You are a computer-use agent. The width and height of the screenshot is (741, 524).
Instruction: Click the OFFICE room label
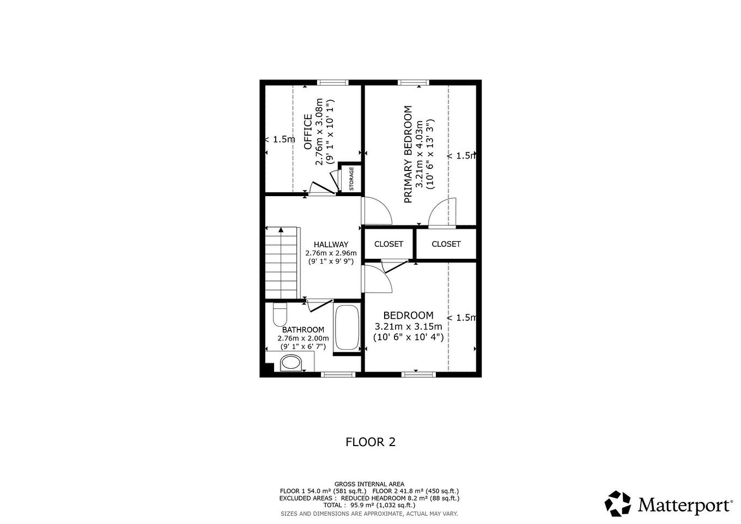[x=308, y=131]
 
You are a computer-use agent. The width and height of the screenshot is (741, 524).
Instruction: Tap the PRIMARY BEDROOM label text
[x=408, y=154]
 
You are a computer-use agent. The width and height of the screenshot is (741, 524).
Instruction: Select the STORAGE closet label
[x=351, y=178]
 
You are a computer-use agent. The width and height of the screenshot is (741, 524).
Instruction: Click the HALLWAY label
[x=331, y=245]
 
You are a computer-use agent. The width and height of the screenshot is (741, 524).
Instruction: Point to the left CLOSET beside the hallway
[x=388, y=244]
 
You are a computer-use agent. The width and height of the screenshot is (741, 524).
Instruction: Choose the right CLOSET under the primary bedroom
[x=446, y=244]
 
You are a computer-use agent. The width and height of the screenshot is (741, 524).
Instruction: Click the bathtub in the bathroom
[x=347, y=327]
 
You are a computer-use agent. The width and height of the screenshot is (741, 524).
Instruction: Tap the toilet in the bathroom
[x=280, y=314]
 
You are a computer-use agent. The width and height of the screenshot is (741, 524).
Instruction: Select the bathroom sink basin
[x=291, y=363]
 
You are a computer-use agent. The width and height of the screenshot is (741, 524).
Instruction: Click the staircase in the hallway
[x=282, y=263]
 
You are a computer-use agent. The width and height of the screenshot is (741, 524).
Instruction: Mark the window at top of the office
[x=333, y=83]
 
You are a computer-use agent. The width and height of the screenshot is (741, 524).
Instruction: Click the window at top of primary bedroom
[x=413, y=83]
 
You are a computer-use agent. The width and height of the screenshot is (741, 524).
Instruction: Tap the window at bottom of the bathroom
[x=338, y=374]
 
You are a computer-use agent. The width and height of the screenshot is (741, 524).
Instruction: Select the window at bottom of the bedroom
[x=418, y=374]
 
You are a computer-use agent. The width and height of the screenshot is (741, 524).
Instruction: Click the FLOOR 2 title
[x=370, y=442]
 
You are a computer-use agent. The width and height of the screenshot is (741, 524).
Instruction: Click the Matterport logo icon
[x=618, y=504]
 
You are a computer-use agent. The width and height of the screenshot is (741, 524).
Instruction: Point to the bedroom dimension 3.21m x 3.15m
[x=408, y=326]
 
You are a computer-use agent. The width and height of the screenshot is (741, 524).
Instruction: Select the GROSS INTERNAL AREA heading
[x=369, y=484]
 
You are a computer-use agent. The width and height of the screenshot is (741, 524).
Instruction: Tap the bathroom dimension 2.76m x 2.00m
[x=303, y=338]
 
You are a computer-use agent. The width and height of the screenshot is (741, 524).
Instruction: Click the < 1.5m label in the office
[x=280, y=139]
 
